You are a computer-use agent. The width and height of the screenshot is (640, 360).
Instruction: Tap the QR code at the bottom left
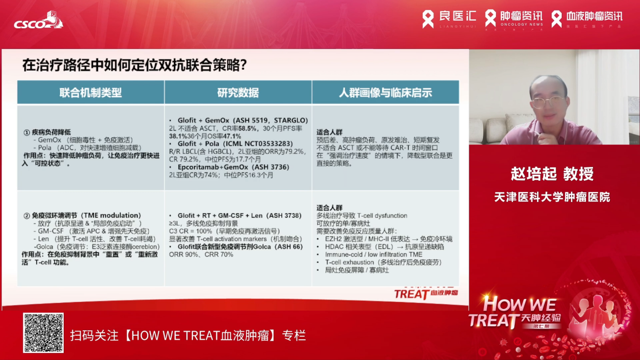pos(43,333)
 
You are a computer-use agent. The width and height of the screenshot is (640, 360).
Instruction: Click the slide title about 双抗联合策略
pos(134,65)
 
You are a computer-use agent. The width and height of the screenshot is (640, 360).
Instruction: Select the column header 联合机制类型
pos(90,93)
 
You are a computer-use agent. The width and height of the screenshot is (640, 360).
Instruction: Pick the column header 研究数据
pos(238,93)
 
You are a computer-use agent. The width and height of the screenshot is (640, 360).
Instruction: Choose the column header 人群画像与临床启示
pos(385,93)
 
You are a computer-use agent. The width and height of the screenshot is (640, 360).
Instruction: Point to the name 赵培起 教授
pos(552,174)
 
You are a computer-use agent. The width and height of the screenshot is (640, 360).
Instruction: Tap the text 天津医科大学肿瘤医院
pos(552,196)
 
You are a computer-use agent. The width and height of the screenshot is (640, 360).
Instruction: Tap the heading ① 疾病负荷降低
pos(48,132)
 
